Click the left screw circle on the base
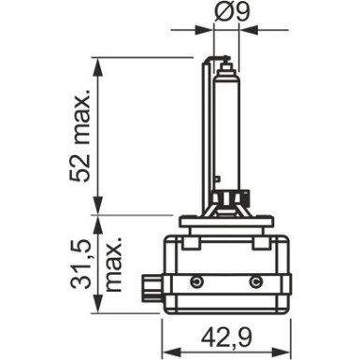(x=194, y=281)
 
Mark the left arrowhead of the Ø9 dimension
(x=208, y=30)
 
